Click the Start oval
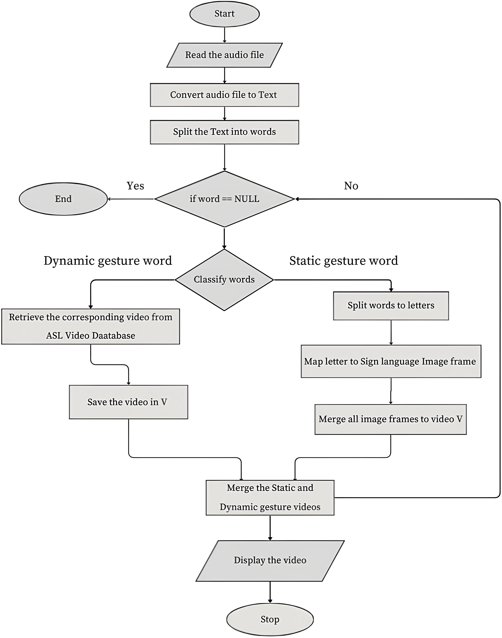(225, 14)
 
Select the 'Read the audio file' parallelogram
(225, 55)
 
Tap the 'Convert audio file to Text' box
(225, 95)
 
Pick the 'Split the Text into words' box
(225, 132)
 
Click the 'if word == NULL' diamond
(225, 199)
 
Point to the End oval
(63, 199)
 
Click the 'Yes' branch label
(135, 186)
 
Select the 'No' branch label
(351, 186)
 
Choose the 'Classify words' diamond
(224, 280)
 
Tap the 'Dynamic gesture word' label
(108, 261)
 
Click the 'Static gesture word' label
(344, 261)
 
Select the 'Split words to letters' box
(391, 306)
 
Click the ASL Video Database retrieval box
(91, 326)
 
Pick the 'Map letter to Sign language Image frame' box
(391, 361)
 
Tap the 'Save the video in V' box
(128, 402)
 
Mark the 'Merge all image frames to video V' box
(390, 419)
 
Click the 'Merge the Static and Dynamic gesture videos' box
(270, 497)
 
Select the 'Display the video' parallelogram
(270, 560)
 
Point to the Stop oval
(270, 619)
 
